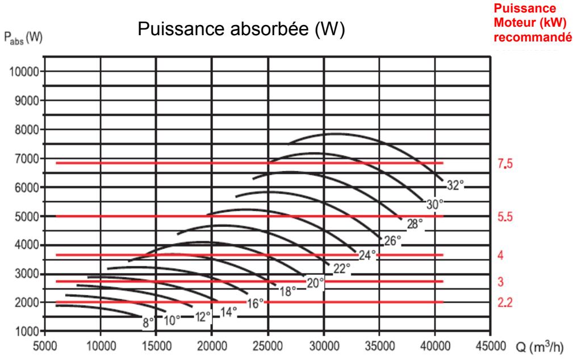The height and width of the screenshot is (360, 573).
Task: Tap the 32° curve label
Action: (x=456, y=185)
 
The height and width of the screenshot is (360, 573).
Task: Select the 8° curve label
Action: (x=149, y=323)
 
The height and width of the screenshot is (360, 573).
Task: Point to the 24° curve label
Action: (x=367, y=255)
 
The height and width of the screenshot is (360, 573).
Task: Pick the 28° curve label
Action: (x=415, y=223)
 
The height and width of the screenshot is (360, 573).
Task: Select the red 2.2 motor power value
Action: (x=505, y=302)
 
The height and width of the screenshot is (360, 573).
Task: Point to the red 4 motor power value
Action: (x=500, y=255)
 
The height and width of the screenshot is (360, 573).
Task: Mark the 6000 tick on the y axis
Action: (x=25, y=187)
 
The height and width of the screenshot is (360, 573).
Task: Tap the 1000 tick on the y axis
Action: (x=25, y=331)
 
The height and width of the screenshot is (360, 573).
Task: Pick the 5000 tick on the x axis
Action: (x=47, y=345)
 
